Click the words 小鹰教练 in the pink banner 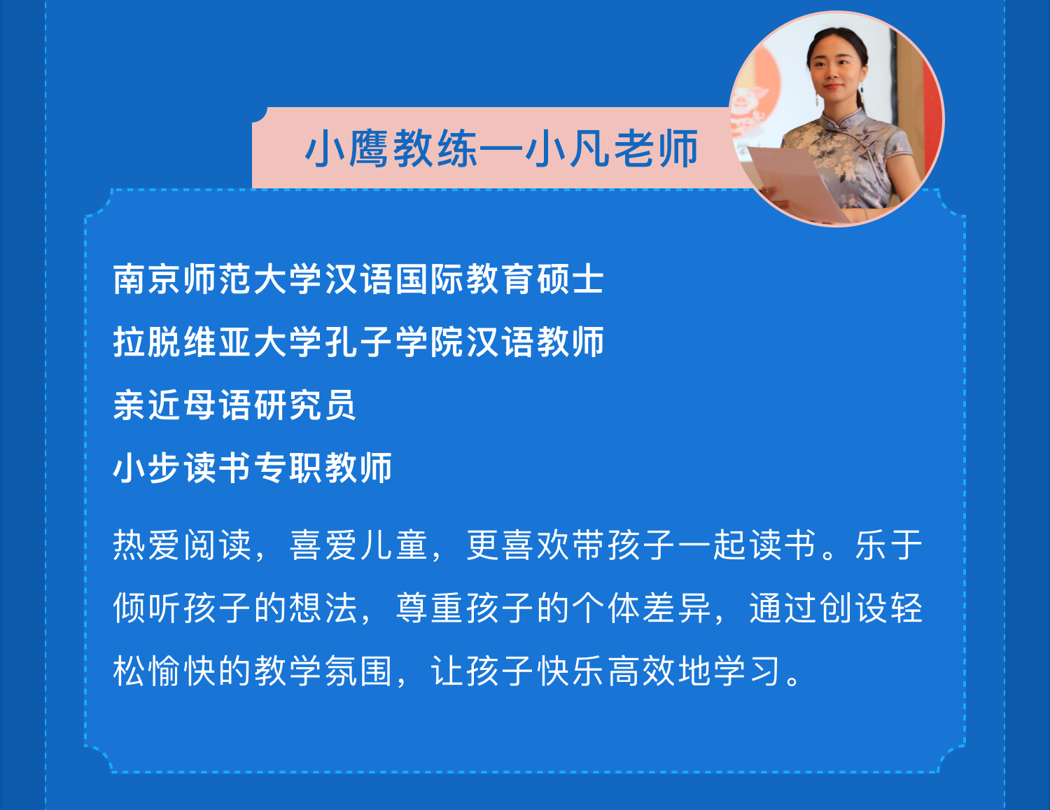[391, 149]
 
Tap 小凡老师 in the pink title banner [612, 149]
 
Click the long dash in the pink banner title [502, 149]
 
